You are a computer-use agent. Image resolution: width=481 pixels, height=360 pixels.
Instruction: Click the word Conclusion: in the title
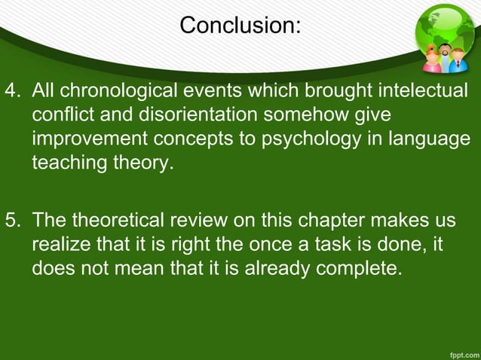(240, 26)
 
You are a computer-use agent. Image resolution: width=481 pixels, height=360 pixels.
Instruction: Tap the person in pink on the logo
(431, 59)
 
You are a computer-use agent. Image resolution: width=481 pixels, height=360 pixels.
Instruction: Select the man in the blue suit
(457, 59)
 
